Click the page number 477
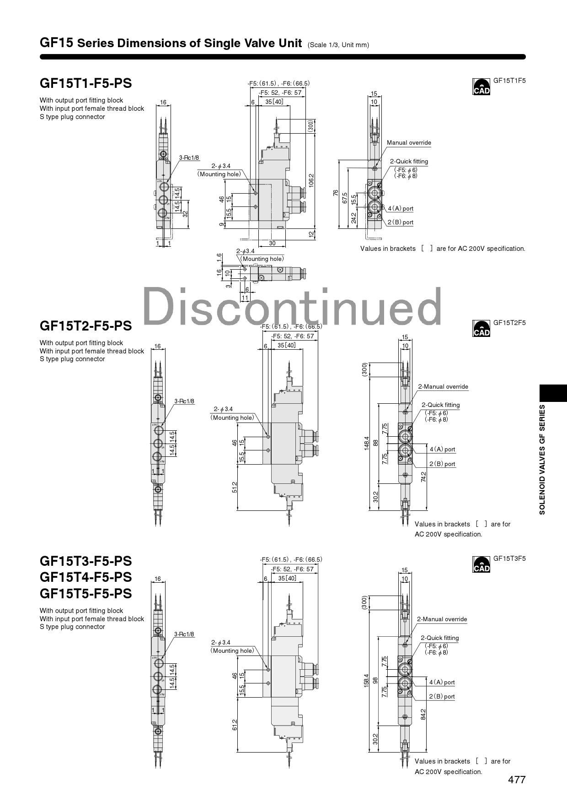tap(517, 780)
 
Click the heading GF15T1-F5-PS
tap(86, 83)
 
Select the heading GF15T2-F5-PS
tap(86, 326)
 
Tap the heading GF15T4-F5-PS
tap(86, 577)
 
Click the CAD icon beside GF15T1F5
tap(481, 87)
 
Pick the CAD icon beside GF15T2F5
tap(481, 329)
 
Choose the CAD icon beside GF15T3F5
tap(481, 564)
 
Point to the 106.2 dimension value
tap(311, 180)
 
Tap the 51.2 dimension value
tap(235, 487)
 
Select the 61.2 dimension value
tap(235, 725)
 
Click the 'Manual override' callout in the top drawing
tap(409, 143)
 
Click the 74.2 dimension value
tap(423, 477)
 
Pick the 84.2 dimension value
tap(423, 714)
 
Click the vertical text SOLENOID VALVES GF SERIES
tap(542, 460)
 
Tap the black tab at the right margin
tap(553, 393)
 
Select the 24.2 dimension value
tap(353, 217)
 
